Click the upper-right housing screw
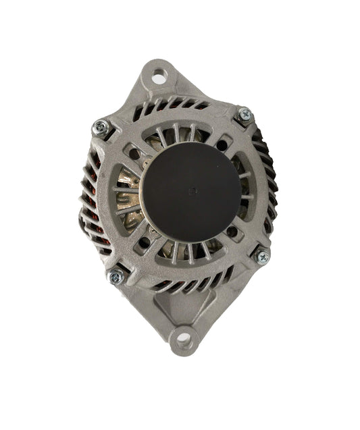tap(245, 114)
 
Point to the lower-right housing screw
tap(259, 257)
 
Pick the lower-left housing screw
tap(116, 275)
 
